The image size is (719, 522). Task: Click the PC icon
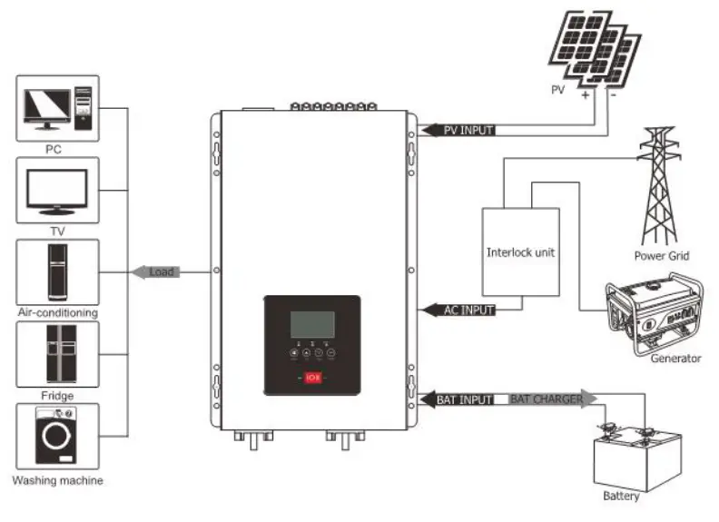(58, 107)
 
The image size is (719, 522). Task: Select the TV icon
(58, 190)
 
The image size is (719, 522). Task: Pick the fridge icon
(58, 355)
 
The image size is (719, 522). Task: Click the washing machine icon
(58, 438)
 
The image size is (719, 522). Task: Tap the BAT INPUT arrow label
(462, 399)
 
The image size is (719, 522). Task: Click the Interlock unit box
(519, 251)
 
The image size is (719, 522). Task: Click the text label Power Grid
(662, 256)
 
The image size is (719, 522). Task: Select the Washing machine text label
(58, 480)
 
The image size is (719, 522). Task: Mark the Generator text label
(675, 358)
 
